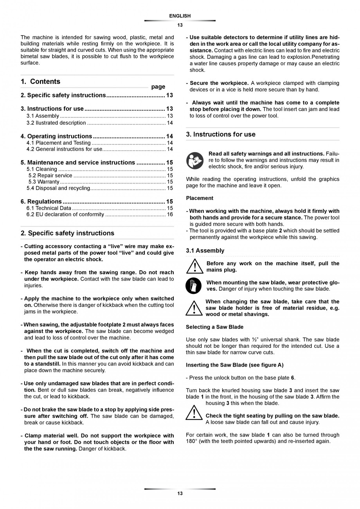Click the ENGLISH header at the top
tap(180, 16)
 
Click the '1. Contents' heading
tap(41, 81)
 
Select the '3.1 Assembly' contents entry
tap(43, 116)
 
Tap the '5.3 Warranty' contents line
tap(44, 182)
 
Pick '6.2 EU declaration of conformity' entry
tap(65, 214)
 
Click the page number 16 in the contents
tap(170, 214)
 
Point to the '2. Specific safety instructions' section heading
tap(67, 233)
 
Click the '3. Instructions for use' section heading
tap(221, 134)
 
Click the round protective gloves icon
tap(193, 286)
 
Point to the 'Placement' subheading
tap(200, 198)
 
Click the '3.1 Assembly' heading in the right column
tap(205, 250)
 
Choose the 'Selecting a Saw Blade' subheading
tap(214, 327)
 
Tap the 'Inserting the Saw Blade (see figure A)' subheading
tap(235, 365)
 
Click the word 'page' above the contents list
tap(158, 87)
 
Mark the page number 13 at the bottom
tap(180, 494)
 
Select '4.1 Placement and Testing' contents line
tap(59, 143)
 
